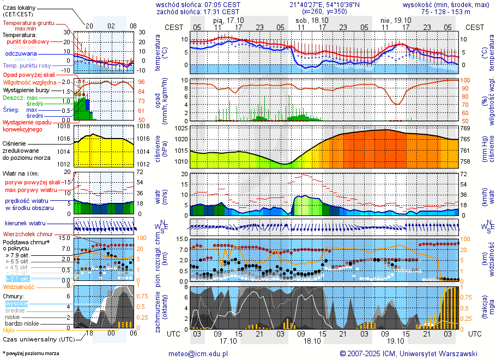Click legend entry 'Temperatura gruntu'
28,23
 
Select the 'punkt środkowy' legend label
28,41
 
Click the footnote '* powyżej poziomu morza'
31,353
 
